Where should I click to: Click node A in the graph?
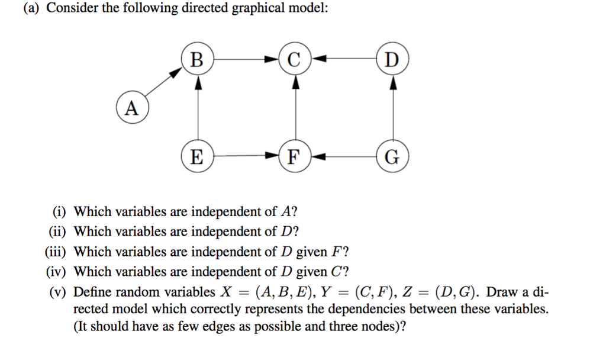(133, 108)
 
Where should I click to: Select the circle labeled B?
(198, 59)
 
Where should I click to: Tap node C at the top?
(295, 59)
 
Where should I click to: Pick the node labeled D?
(392, 59)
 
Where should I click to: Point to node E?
(198, 157)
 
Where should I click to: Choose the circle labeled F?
(295, 157)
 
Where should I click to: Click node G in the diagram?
(392, 157)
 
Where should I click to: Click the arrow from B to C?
(246, 59)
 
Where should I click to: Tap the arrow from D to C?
(344, 59)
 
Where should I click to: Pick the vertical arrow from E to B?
(198, 108)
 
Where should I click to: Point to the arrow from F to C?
(295, 108)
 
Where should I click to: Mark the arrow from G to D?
(392, 108)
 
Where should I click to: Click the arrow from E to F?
(246, 157)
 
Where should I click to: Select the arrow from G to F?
(344, 157)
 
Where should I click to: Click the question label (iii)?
(57, 252)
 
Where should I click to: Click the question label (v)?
(60, 292)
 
